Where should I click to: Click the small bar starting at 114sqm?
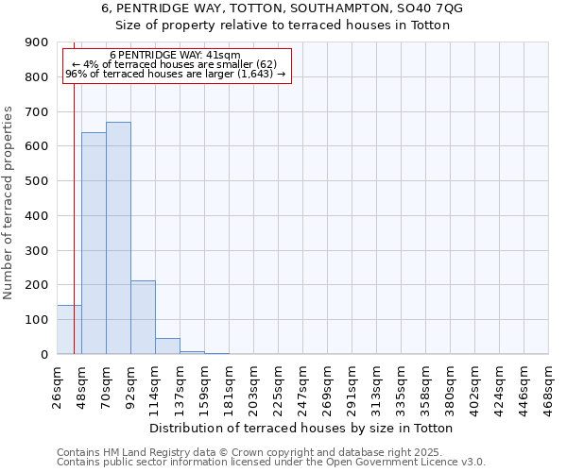167,346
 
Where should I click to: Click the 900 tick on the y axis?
37,42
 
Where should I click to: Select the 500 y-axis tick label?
37,181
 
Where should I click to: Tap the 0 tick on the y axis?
44,354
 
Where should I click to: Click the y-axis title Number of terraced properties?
10,203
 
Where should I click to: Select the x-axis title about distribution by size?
302,429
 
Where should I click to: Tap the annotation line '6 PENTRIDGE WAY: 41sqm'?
175,55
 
